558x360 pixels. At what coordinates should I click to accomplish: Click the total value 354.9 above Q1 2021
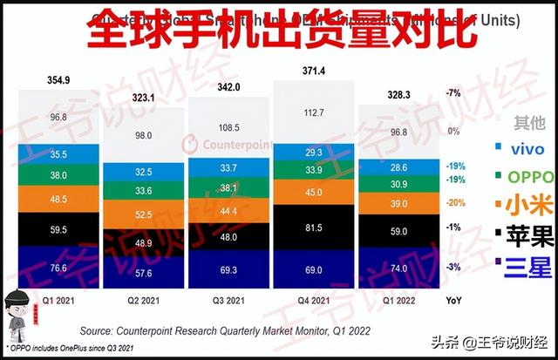tap(59, 80)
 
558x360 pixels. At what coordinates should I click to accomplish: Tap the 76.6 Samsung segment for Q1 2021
tap(59, 268)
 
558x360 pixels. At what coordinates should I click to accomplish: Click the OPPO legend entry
tap(523, 179)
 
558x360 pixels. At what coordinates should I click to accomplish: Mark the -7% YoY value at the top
tap(453, 91)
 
